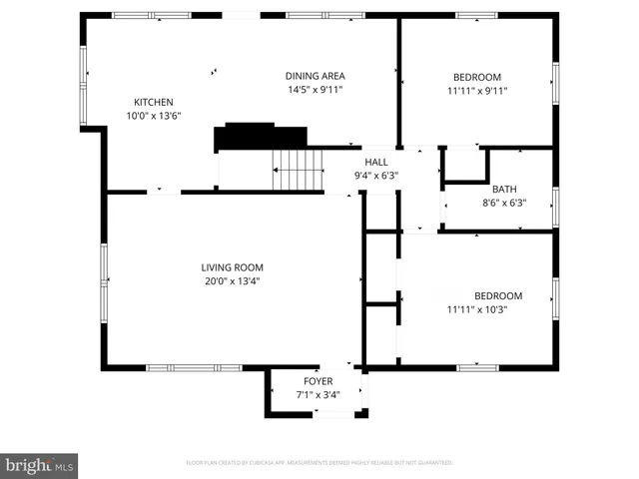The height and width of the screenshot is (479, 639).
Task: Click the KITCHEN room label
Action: (154, 102)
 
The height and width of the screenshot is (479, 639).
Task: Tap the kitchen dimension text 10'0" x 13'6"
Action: (154, 116)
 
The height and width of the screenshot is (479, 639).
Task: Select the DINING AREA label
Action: (315, 76)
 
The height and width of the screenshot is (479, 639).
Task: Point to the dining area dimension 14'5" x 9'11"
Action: (315, 90)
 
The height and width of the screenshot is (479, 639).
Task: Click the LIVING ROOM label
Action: (232, 266)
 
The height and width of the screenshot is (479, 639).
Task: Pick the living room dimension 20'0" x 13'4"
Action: (232, 280)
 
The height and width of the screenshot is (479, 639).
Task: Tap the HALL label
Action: (376, 162)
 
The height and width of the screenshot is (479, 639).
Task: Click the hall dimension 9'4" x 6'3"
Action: (376, 176)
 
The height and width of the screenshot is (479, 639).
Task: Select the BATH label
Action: (504, 189)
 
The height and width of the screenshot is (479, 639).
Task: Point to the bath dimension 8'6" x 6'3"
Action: (504, 203)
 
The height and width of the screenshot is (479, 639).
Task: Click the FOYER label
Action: (319, 381)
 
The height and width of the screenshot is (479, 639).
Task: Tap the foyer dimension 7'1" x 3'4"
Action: (319, 395)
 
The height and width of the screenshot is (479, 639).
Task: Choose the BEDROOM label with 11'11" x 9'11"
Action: (477, 77)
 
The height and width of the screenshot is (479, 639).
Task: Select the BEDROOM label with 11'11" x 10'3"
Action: (498, 295)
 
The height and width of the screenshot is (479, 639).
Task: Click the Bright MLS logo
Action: (40, 465)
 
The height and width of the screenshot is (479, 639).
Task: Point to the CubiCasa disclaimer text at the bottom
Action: (319, 463)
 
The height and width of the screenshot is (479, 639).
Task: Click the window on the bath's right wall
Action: (554, 206)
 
